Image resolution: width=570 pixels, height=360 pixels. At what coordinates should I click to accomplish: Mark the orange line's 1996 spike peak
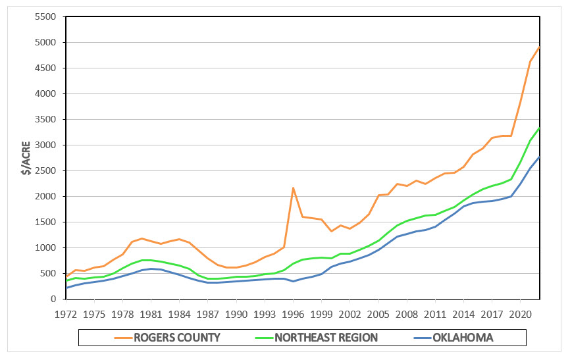coord(293,188)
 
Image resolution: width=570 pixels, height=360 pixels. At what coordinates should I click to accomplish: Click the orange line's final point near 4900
coord(540,47)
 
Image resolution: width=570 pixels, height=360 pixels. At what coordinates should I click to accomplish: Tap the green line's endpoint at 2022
coord(540,128)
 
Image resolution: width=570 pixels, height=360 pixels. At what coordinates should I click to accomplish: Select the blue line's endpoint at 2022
coord(540,157)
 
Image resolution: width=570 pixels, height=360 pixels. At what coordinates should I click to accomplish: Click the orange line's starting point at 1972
coord(66,276)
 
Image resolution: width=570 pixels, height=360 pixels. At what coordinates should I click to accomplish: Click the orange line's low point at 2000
coord(331,231)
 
